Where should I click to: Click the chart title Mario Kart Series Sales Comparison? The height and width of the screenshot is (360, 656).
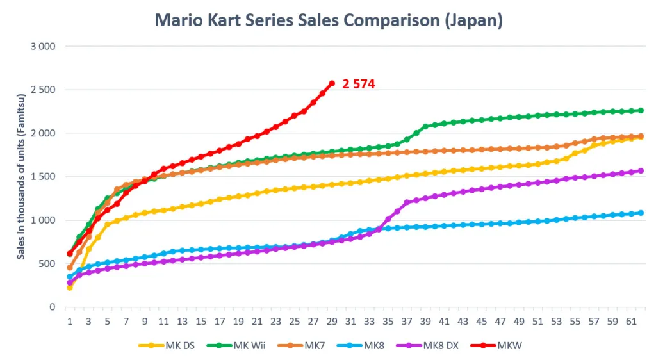pos(328,20)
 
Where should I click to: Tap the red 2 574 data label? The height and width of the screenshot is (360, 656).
pos(358,84)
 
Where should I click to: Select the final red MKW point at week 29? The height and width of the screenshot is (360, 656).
pos(332,83)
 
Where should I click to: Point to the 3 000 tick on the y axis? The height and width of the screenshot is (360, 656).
pos(43,47)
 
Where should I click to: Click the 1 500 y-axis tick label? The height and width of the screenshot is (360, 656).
pos(43,177)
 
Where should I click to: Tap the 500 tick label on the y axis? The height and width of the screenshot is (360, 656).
pos(47,264)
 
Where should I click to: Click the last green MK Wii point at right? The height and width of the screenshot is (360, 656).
pos(641,110)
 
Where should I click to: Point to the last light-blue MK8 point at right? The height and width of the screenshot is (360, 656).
pos(641,213)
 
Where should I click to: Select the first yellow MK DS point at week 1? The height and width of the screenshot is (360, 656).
pos(70,288)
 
